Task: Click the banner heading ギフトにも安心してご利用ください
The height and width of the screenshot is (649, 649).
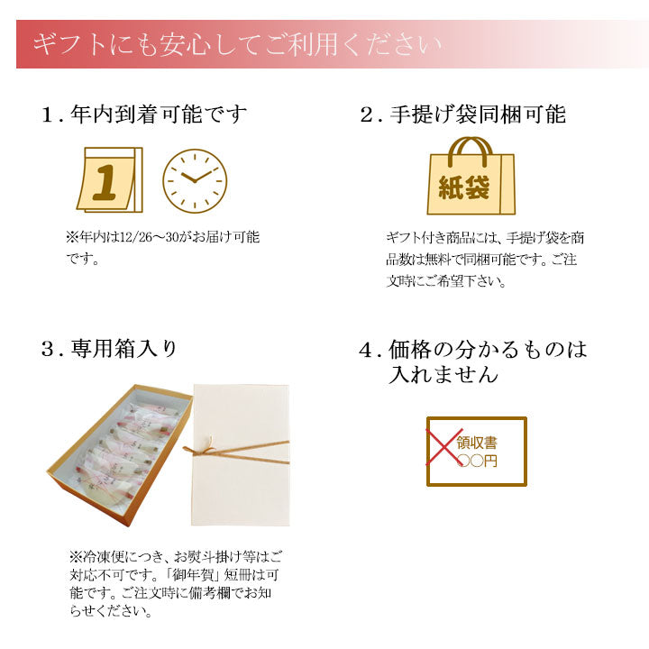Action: point(237,44)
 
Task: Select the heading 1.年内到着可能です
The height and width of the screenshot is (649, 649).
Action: point(144,114)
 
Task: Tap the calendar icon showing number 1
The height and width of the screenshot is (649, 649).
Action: point(110,179)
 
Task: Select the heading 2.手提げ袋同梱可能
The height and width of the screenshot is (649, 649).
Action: point(462,114)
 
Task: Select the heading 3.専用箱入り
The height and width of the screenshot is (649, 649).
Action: point(109,348)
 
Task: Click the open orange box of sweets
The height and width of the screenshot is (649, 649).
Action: point(120,455)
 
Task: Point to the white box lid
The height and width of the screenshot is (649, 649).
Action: point(241,455)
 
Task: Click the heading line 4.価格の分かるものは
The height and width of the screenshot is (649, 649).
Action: point(473,350)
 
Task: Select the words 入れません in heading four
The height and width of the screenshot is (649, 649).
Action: point(443,375)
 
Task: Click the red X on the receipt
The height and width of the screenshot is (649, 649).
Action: point(444,446)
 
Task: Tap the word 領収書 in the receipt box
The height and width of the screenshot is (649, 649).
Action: point(477,443)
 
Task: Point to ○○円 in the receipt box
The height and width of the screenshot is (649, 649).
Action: point(477,461)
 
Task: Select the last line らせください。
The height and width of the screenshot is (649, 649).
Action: point(112,611)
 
